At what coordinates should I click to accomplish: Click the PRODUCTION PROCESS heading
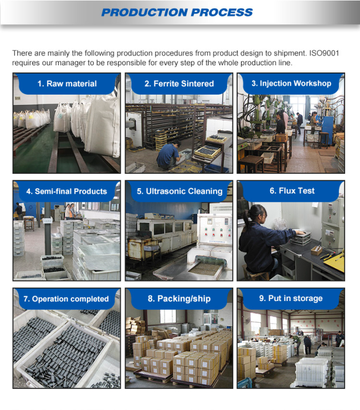(x=177, y=12)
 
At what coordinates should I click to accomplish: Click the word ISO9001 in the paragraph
(x=324, y=53)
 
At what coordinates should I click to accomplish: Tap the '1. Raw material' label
(x=67, y=84)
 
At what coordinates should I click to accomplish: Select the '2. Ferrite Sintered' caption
(x=179, y=84)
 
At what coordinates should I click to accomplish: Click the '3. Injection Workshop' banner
(x=291, y=84)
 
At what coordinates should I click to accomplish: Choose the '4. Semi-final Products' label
(x=66, y=191)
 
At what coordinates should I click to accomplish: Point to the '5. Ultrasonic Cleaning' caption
(x=179, y=191)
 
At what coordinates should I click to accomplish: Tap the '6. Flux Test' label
(x=292, y=191)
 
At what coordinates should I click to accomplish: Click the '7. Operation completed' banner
(x=66, y=299)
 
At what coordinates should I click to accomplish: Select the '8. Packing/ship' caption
(x=179, y=299)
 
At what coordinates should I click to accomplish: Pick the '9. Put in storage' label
(x=291, y=298)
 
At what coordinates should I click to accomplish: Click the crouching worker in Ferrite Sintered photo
(x=168, y=155)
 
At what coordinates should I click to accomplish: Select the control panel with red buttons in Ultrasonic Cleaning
(x=213, y=232)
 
